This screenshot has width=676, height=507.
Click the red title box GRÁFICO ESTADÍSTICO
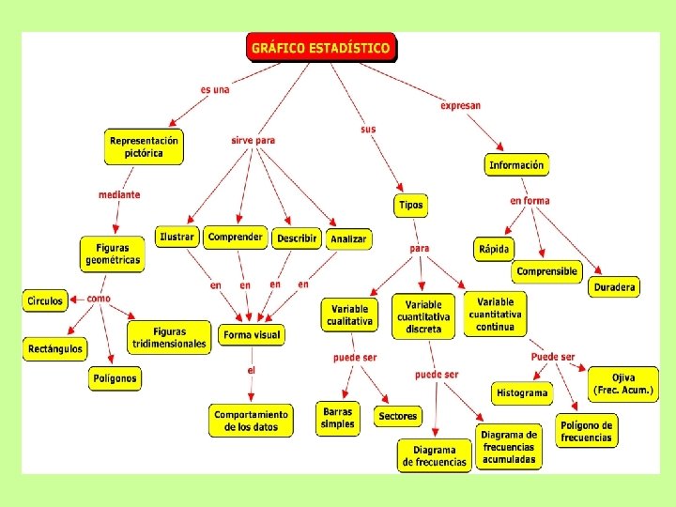point(322,47)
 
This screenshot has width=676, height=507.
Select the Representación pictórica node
point(144,147)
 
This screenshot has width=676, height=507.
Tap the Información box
point(516,165)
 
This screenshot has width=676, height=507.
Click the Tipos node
point(410,205)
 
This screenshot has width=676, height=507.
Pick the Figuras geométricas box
point(113,253)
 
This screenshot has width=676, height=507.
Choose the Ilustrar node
point(177,238)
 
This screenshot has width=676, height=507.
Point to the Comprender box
point(236,238)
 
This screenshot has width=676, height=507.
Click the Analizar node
point(348,239)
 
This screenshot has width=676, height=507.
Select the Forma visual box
point(251,334)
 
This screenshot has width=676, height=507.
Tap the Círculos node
point(44,301)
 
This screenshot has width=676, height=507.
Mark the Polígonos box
point(115,379)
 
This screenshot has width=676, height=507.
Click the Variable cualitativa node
point(349,315)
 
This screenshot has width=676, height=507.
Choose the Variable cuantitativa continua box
point(495,315)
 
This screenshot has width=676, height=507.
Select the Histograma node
point(522,393)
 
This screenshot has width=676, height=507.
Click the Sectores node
point(398,416)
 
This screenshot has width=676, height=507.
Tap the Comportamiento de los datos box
point(252,420)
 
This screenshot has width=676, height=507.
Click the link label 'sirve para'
point(253,141)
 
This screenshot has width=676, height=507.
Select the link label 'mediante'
point(119,195)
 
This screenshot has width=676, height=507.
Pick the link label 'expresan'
point(460,106)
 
